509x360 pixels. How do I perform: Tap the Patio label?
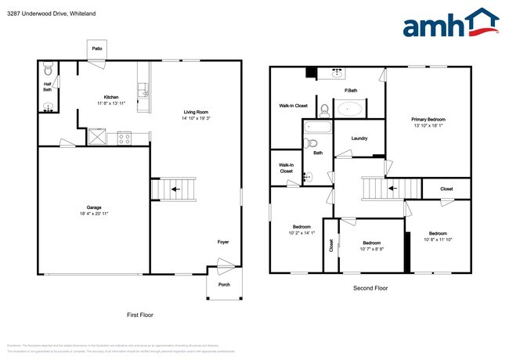click(x=97, y=48)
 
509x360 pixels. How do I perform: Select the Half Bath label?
click(x=47, y=88)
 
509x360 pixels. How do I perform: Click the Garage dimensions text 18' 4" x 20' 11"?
click(x=94, y=214)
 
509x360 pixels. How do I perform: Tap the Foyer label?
click(x=223, y=243)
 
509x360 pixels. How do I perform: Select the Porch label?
click(x=223, y=284)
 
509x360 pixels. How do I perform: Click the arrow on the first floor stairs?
click(x=172, y=189)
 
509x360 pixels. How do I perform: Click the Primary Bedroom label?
click(x=428, y=119)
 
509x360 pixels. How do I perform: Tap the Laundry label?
click(x=360, y=139)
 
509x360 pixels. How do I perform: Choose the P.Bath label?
click(x=351, y=91)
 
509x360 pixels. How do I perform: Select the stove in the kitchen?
click(x=124, y=137)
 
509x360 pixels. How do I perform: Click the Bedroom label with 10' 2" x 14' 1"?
click(x=301, y=232)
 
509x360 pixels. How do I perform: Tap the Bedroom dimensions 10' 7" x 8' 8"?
click(x=372, y=250)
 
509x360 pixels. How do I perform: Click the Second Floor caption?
click(x=370, y=288)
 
